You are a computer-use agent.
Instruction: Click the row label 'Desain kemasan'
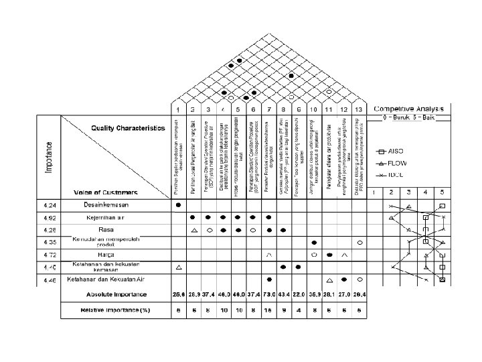click(106, 204)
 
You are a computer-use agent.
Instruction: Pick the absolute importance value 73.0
click(268, 294)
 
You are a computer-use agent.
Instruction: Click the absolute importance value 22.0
click(299, 294)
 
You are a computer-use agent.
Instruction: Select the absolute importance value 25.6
click(177, 294)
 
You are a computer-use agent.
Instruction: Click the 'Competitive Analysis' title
click(412, 109)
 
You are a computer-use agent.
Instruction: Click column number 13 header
click(359, 109)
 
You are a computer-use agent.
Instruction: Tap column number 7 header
click(268, 109)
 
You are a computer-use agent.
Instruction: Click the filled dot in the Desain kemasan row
click(177, 204)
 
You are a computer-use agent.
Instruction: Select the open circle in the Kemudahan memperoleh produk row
click(360, 242)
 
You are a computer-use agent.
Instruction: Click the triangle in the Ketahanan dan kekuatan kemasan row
click(177, 267)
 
